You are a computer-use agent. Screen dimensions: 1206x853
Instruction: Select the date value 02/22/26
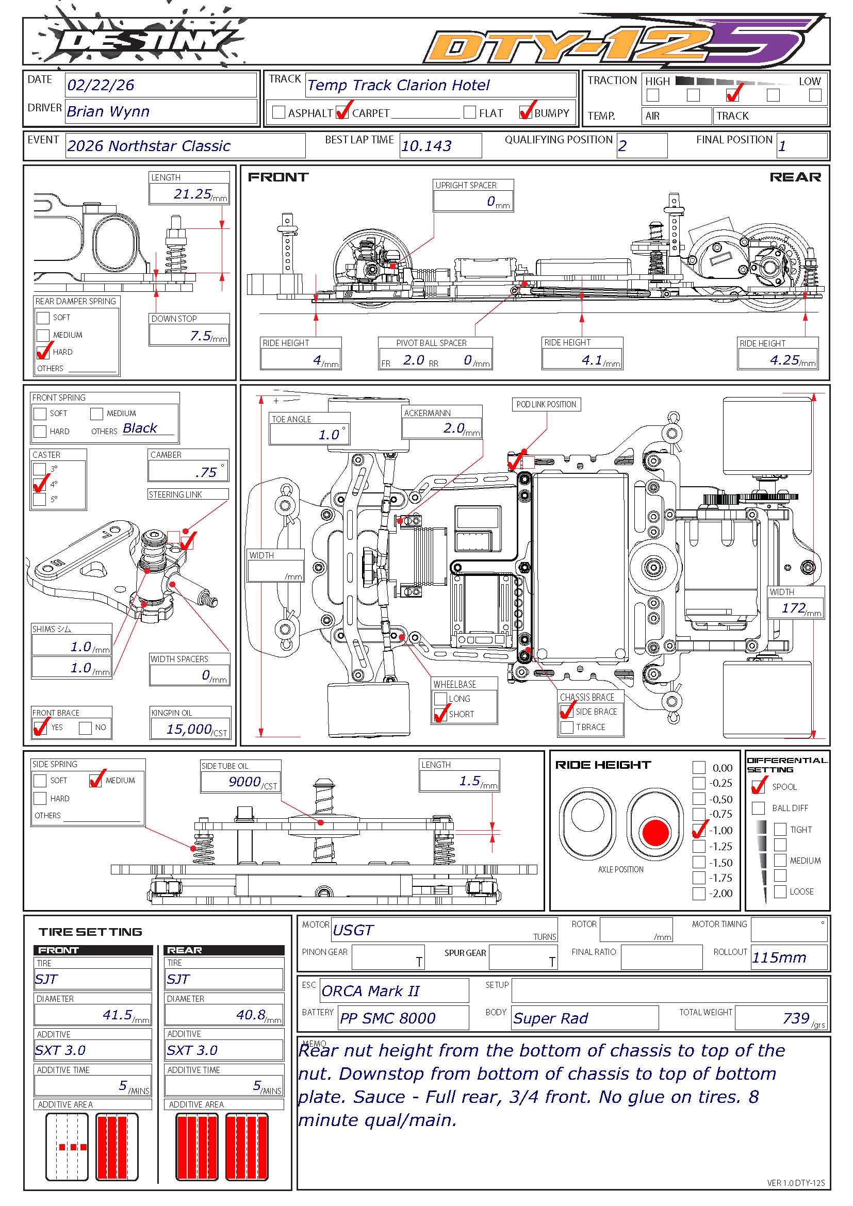(101, 85)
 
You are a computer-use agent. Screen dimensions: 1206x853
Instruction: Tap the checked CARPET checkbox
(342, 112)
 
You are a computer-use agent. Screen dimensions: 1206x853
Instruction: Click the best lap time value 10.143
(426, 146)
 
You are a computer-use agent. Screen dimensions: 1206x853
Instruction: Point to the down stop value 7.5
(201, 336)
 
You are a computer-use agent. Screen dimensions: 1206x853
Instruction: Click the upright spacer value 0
(491, 201)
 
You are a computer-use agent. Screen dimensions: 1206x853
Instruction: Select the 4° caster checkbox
(39, 484)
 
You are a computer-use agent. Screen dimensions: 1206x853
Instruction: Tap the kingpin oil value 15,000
(189, 729)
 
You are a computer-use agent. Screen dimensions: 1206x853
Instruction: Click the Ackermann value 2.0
(454, 428)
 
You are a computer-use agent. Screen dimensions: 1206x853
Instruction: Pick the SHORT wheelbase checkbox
(440, 714)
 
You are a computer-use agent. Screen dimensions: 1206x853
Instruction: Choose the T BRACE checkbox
(567, 727)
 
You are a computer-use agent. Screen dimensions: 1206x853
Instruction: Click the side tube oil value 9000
(244, 782)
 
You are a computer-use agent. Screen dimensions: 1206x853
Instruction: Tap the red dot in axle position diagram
(655, 832)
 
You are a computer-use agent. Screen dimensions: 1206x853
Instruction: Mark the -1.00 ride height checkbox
(699, 831)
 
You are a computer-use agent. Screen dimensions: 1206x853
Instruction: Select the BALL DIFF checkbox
(759, 807)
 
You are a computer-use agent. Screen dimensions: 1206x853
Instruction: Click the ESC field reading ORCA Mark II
(370, 991)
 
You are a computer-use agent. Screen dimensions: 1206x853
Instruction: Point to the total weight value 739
(796, 1018)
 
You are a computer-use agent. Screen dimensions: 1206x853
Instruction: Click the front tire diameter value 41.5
(117, 1014)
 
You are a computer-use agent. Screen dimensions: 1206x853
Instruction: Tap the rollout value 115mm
(779, 957)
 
